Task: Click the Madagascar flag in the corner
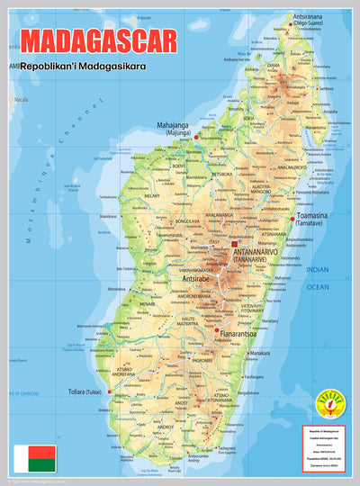[34, 459]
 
